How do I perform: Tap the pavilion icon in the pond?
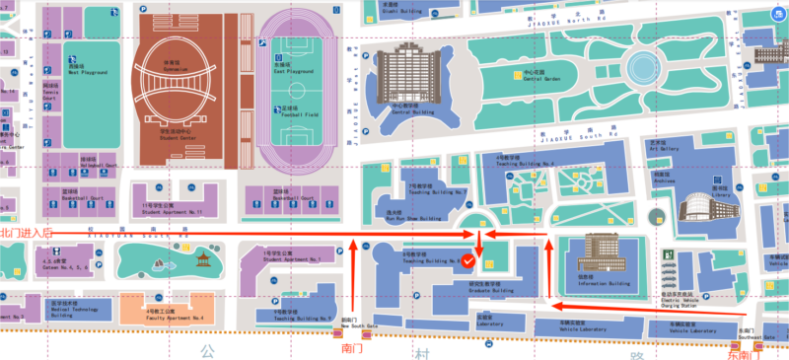(x=201, y=260)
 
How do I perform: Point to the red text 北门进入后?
(x=25, y=233)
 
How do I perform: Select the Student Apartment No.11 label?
(x=172, y=210)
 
